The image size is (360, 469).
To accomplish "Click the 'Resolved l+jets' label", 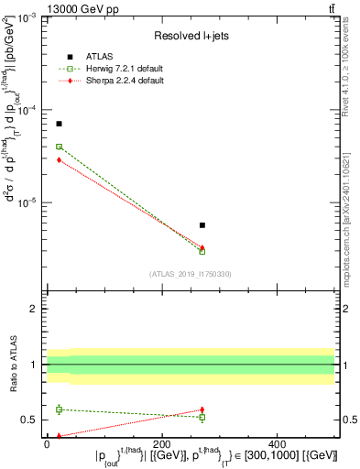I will [190, 37].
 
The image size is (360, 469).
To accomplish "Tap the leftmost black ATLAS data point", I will [59, 124].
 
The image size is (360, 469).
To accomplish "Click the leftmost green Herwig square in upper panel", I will [59, 147].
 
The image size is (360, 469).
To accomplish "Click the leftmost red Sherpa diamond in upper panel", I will [59, 160].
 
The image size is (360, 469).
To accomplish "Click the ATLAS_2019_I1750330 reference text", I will [190, 274].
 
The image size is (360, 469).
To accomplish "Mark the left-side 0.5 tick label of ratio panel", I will [30, 420].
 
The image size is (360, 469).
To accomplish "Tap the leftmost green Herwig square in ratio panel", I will [59, 409].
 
